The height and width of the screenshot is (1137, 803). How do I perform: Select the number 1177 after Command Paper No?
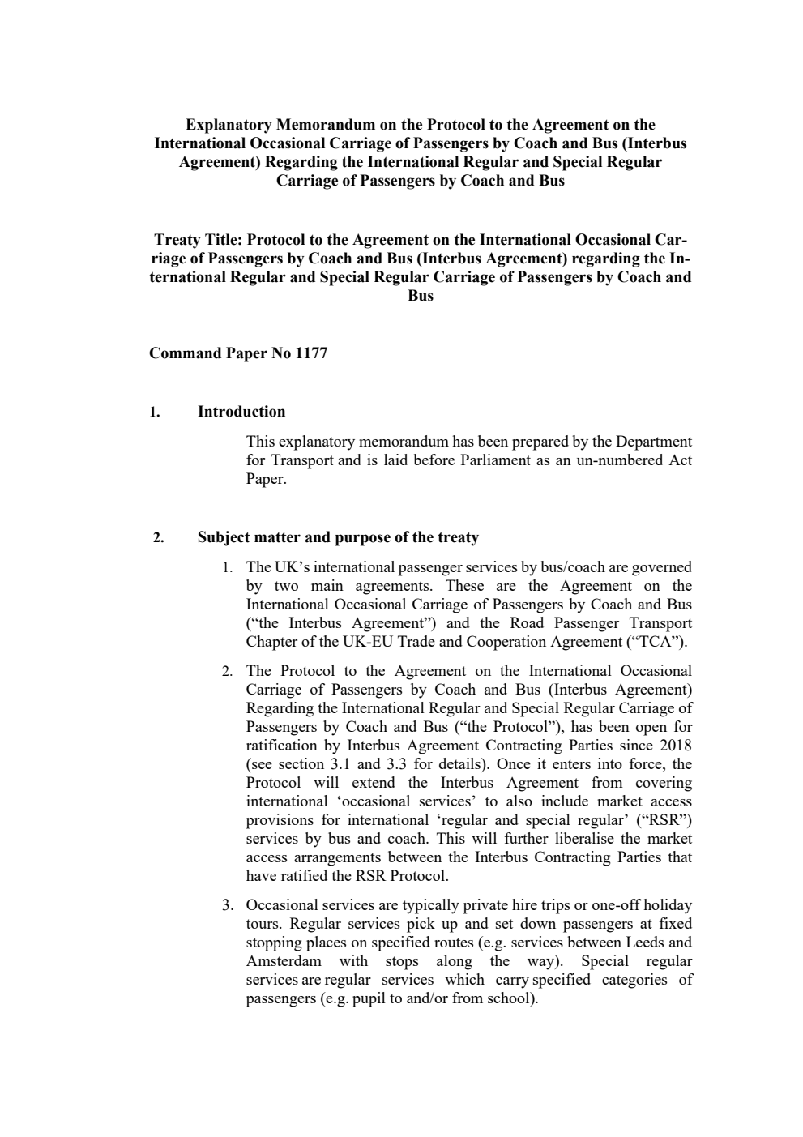[x=312, y=353]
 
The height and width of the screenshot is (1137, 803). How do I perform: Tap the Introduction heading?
[x=241, y=412]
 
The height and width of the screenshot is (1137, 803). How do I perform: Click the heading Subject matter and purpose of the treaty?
[x=338, y=537]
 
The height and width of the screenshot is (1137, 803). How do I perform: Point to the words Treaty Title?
[x=198, y=240]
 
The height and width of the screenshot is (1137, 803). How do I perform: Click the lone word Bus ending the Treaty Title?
[x=421, y=296]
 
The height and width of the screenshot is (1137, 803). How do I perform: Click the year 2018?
[x=675, y=746]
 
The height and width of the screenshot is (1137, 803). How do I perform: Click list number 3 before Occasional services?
[x=228, y=905]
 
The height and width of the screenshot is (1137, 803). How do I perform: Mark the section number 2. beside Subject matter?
[x=159, y=538]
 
